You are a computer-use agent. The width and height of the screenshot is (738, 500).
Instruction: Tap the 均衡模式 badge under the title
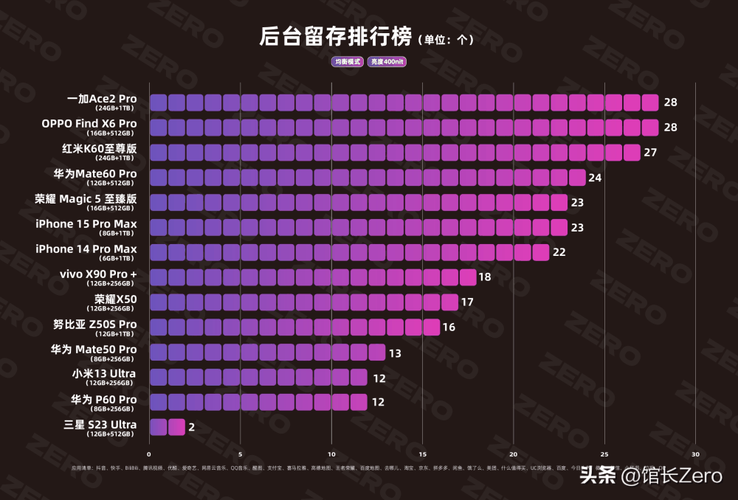pos(347,62)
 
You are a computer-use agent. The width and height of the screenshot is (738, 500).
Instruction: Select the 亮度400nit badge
pos(388,62)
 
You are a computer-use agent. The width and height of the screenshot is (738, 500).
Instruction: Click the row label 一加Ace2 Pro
pos(102,99)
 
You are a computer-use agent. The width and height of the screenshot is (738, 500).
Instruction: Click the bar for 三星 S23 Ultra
pos(167,427)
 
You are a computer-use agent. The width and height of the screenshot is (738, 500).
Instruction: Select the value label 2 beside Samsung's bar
pos(191,427)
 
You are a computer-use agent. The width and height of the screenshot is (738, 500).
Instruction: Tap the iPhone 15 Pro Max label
pos(86,224)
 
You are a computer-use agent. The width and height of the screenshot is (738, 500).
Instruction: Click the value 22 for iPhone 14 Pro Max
pos(559,252)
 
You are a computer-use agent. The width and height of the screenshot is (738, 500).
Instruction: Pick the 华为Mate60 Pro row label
pos(94,174)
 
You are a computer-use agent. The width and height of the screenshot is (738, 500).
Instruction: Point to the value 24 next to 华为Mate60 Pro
pos(596,178)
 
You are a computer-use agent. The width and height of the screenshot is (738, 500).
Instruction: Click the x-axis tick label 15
pos(422,454)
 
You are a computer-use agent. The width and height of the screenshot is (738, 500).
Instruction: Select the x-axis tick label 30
pos(695,454)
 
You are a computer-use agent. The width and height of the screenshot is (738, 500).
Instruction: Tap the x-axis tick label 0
pos(149,454)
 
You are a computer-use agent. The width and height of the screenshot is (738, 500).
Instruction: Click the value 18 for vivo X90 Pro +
pos(485,277)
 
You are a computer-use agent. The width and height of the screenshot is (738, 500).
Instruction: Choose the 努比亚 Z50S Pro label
pos(94,324)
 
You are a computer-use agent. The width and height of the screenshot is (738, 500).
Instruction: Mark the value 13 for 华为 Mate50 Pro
pos(395,353)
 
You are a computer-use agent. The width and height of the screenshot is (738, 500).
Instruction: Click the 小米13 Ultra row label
pos(104,374)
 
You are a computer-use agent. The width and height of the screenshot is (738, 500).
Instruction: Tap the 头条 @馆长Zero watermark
pos(650,476)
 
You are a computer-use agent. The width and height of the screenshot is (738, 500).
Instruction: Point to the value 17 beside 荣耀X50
pos(467,302)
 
